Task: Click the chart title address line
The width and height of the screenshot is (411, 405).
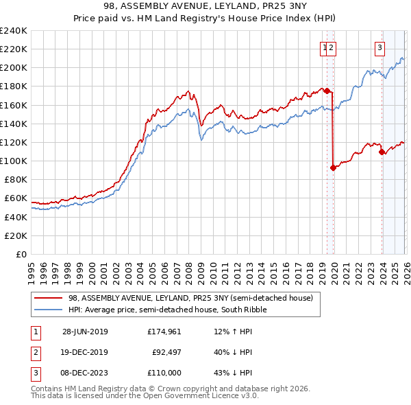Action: click(205, 6)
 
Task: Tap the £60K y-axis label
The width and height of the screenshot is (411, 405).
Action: click(16, 198)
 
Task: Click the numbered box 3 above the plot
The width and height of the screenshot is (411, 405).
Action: click(379, 47)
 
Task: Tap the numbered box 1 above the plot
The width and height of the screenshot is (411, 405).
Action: click(323, 47)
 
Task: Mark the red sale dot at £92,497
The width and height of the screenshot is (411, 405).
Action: click(333, 167)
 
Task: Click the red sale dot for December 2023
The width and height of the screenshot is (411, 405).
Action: click(382, 152)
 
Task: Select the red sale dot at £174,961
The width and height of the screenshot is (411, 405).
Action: click(327, 91)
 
